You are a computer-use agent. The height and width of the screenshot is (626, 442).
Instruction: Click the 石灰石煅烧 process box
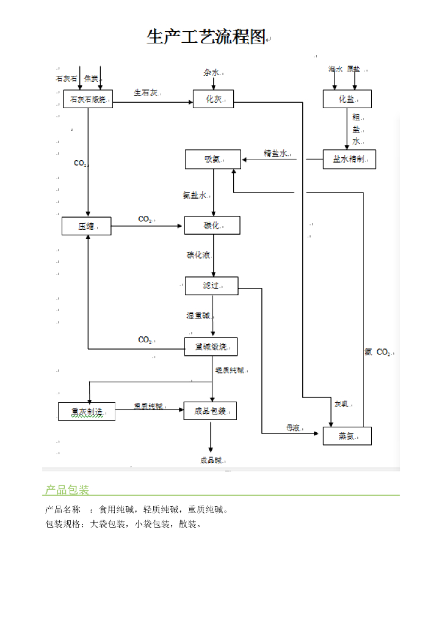click(x=88, y=99)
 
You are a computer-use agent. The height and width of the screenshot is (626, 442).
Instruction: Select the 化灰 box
click(x=213, y=99)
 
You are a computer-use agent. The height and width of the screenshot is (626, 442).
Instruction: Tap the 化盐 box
click(x=347, y=99)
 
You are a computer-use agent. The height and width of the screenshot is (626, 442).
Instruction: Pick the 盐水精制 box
click(x=349, y=159)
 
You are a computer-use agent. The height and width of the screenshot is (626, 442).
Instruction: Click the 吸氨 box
click(x=212, y=160)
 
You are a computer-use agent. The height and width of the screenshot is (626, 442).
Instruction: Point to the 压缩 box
click(x=87, y=226)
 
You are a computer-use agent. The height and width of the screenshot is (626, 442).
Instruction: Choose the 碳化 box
click(x=212, y=226)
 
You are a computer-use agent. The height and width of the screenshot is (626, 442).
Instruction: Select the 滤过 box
click(x=211, y=285)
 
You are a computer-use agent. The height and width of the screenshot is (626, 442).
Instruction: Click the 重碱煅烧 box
click(x=211, y=347)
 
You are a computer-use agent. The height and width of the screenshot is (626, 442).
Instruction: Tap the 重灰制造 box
click(x=87, y=411)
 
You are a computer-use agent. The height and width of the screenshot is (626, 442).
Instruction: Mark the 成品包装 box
click(x=210, y=411)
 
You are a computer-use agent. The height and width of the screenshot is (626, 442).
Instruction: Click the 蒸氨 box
click(x=347, y=436)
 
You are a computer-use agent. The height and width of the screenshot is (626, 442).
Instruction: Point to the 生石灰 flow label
click(x=146, y=93)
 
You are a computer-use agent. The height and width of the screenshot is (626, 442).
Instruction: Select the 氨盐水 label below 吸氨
click(x=195, y=196)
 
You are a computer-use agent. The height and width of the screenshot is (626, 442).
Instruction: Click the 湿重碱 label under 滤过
click(x=198, y=316)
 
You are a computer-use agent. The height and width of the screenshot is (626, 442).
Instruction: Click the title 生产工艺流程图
click(x=206, y=37)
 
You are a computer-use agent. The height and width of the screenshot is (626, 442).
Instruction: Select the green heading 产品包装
click(x=67, y=490)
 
